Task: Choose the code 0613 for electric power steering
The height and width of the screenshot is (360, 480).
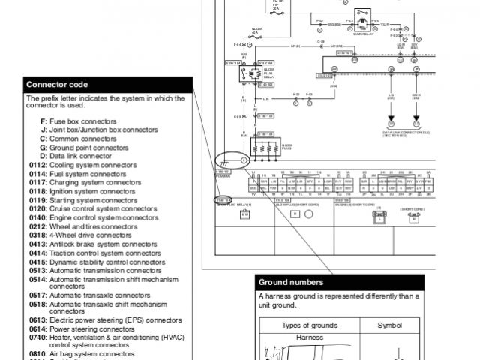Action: (x=37, y=319)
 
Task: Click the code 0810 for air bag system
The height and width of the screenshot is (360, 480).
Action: (x=37, y=353)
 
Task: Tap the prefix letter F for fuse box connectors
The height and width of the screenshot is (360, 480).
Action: (x=43, y=121)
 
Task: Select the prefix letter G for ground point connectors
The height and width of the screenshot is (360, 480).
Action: (x=43, y=148)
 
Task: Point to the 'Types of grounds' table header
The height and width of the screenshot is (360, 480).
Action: (x=309, y=325)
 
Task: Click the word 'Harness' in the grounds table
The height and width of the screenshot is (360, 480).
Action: (x=309, y=337)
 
